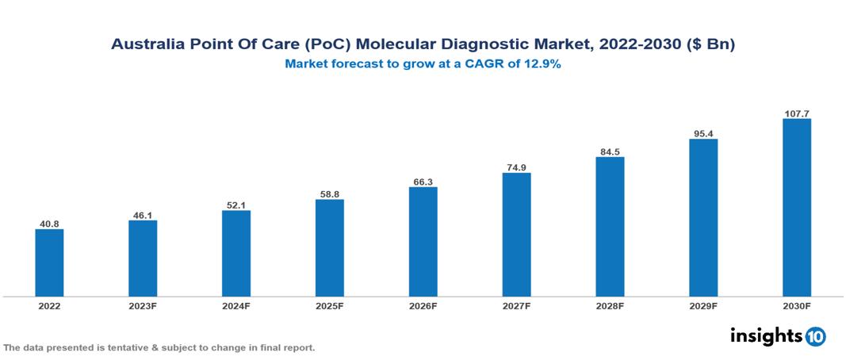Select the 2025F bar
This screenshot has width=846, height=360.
(329, 248)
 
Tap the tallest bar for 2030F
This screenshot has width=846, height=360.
(796, 208)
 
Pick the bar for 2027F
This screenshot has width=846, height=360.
(516, 235)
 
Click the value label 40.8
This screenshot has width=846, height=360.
(49, 224)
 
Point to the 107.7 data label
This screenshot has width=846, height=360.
(796, 113)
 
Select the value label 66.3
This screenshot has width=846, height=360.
(423, 182)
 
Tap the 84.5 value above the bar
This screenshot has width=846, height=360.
(610, 151)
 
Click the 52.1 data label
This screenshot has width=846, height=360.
(235, 205)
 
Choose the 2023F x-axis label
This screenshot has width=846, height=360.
(143, 306)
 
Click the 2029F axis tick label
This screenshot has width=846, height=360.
(703, 306)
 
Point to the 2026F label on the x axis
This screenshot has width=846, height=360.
(423, 306)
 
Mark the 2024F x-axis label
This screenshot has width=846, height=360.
(235, 306)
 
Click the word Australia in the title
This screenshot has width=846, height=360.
(147, 45)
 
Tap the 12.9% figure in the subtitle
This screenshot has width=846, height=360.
(542, 65)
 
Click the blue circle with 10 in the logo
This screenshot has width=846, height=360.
(815, 336)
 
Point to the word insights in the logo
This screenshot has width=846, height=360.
(766, 335)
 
